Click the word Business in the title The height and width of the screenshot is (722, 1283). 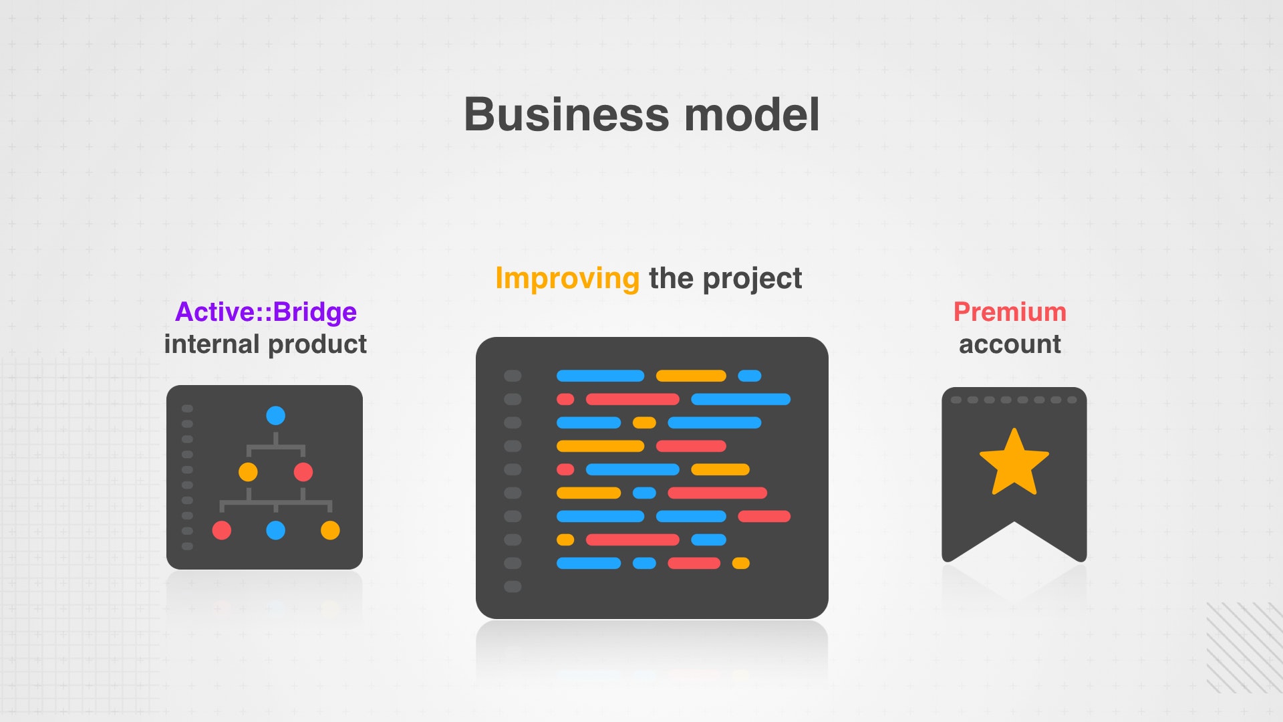(566, 114)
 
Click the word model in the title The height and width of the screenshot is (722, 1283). (752, 114)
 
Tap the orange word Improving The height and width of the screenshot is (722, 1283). (567, 278)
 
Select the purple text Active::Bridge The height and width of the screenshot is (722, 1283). (266, 312)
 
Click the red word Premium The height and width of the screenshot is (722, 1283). (1010, 312)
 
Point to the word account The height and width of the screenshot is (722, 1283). (1010, 344)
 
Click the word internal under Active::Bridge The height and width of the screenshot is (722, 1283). (212, 344)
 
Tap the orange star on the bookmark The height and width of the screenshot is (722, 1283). (1014, 462)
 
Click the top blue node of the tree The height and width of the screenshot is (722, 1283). (275, 416)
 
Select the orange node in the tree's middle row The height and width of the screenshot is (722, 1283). (248, 472)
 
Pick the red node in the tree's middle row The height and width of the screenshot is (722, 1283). (303, 472)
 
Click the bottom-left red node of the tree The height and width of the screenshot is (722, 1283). (221, 530)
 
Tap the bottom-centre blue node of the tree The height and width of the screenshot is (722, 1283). (275, 530)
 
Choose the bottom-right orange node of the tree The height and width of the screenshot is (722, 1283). (330, 530)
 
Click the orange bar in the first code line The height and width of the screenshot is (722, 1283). (691, 376)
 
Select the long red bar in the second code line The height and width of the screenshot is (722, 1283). (632, 399)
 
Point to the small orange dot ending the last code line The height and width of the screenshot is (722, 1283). (740, 563)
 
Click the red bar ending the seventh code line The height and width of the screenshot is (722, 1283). (764, 516)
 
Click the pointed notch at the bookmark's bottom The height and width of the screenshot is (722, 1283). (1014, 522)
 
